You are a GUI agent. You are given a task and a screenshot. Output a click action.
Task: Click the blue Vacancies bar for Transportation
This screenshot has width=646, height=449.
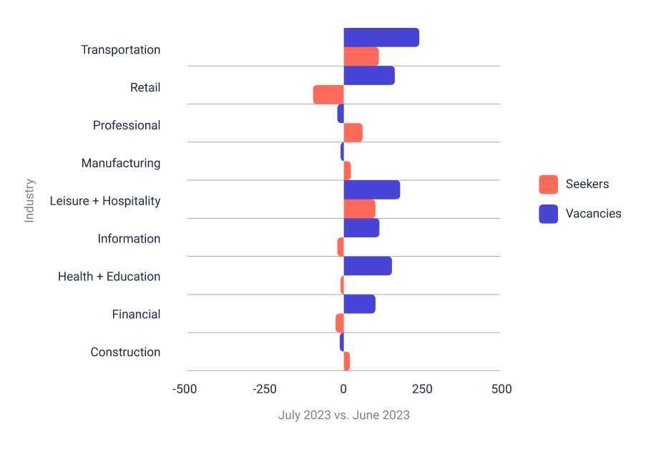[x=381, y=37]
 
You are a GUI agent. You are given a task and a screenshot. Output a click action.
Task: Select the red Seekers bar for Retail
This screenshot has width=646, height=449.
[x=328, y=94]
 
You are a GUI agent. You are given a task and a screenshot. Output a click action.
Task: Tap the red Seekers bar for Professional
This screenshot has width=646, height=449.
[x=353, y=132]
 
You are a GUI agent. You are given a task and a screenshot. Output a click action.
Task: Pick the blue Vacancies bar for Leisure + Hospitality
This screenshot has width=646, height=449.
[x=371, y=189]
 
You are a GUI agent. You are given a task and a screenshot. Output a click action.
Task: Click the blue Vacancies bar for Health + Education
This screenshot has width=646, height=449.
[x=367, y=265]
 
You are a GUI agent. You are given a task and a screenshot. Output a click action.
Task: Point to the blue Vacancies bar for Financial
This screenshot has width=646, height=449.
[x=359, y=303]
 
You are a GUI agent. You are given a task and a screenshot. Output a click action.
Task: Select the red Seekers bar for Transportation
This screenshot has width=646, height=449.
[x=361, y=56]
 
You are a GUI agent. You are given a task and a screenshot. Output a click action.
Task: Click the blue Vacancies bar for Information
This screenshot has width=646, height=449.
[x=361, y=227]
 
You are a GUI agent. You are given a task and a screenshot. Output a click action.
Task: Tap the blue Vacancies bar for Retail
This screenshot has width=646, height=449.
[x=368, y=75]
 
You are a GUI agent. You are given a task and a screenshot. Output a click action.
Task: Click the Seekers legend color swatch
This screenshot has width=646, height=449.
[x=548, y=184]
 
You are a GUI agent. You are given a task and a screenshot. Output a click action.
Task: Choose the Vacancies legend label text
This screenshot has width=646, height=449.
[x=593, y=213]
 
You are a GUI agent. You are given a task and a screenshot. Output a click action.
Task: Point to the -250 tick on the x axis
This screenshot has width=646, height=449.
[x=265, y=389]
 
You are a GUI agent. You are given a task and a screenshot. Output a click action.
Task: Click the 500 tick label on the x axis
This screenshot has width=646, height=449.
[x=501, y=389]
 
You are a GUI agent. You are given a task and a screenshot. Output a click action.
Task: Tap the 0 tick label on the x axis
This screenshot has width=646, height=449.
[x=343, y=389]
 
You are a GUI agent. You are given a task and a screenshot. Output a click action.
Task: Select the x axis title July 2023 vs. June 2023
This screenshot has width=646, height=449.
[x=343, y=415]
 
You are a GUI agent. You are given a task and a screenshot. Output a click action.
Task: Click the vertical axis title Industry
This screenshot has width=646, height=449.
[x=29, y=200]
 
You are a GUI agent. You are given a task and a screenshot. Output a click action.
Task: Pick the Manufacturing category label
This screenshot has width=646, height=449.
[x=120, y=163]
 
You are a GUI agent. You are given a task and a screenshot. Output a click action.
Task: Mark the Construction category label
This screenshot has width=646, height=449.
[x=125, y=352]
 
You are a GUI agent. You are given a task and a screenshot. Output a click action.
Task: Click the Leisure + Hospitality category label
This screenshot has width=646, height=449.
[x=104, y=201]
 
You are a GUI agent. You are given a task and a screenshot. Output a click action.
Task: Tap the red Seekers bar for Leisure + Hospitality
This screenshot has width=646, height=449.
[x=359, y=209]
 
